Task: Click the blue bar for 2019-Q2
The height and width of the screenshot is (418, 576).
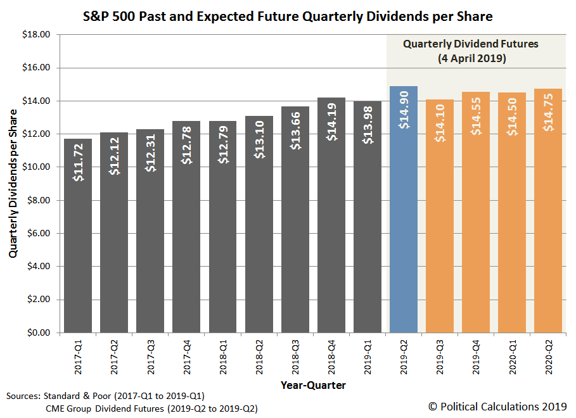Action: coord(404,215)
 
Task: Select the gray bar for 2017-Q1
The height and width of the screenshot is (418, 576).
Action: coord(78,241)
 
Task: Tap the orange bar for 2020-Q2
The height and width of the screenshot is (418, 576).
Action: coord(548,215)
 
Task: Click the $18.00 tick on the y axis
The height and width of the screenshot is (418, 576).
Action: coord(35,35)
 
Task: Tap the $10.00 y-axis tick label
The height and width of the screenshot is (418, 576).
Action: coord(35,167)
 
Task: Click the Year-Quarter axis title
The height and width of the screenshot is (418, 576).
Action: coord(314,384)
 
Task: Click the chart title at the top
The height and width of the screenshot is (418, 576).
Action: coord(288,15)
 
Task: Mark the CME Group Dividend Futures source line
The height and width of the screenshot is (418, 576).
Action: coord(151,408)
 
